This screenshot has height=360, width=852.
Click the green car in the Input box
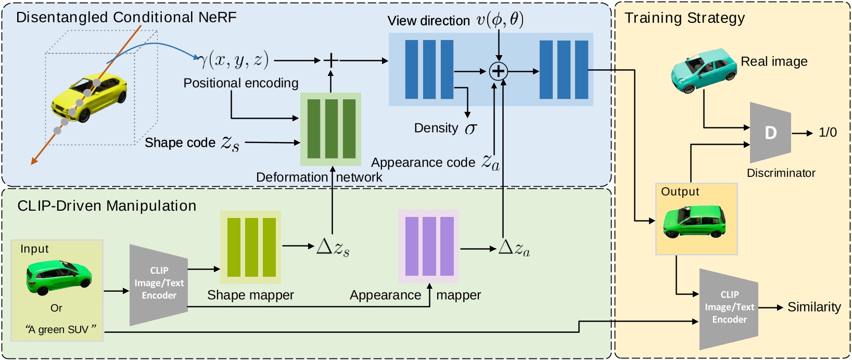pos(59,276)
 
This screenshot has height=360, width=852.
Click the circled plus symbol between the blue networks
pos(499,71)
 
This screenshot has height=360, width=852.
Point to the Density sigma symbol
pos(470,128)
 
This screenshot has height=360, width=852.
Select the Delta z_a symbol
pos(514,248)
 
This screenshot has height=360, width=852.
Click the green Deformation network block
pos(331,129)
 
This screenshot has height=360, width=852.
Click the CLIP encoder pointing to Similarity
pos(729,308)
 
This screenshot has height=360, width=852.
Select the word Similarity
pos(814,307)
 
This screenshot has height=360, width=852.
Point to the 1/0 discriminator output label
pos(828,133)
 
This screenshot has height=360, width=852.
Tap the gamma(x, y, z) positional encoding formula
pos(234,61)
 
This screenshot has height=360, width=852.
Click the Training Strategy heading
pos(684,18)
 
